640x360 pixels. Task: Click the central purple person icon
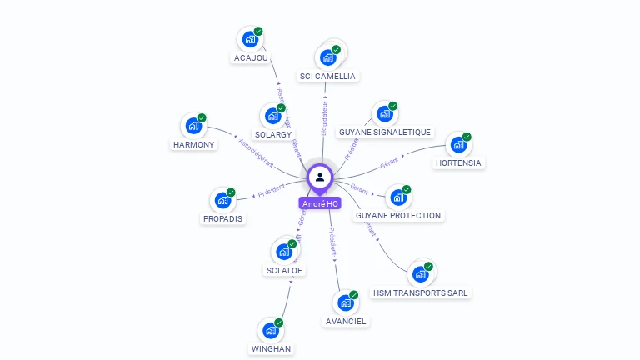[x=320, y=177]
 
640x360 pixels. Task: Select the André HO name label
[x=320, y=203]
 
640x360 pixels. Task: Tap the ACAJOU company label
[x=251, y=58]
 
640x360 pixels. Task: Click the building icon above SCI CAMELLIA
[x=327, y=57]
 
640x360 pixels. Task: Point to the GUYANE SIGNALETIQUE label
[x=385, y=132]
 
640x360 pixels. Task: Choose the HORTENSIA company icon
[x=457, y=144]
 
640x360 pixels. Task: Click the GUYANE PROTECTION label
[x=398, y=215]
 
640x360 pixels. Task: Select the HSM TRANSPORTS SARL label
[x=422, y=292]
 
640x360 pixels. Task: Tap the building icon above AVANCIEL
[x=344, y=303]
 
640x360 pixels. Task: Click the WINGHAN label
[x=271, y=348]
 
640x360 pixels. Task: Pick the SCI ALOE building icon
[x=283, y=251]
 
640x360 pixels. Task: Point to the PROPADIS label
[x=222, y=219]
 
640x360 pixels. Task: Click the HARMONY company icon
[x=193, y=127]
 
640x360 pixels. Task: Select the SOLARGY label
[x=273, y=134]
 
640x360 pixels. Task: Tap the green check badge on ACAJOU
[x=258, y=32]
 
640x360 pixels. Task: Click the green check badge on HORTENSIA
[x=467, y=137]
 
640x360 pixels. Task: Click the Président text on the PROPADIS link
[x=272, y=193]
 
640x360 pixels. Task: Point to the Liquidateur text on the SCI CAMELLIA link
[x=324, y=117]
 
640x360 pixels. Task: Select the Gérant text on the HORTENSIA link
[x=389, y=162]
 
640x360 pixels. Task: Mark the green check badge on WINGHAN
[x=278, y=322]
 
